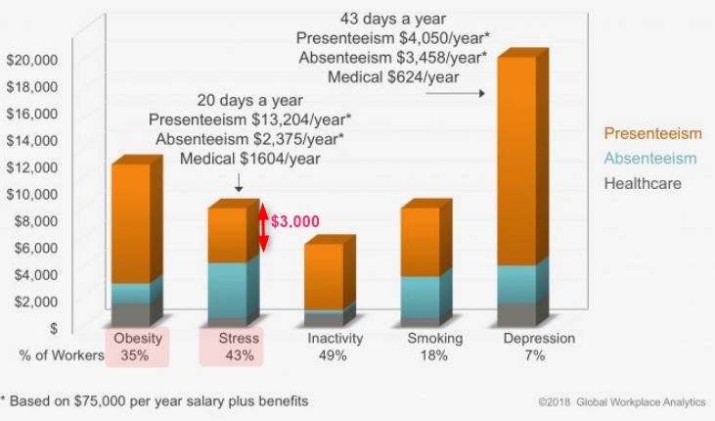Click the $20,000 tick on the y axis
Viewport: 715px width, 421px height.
[32, 59]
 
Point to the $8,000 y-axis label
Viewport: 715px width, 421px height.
[36, 220]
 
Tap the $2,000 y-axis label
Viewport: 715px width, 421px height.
[36, 302]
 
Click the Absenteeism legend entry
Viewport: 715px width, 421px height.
[649, 159]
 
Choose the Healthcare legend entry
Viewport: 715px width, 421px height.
[643, 183]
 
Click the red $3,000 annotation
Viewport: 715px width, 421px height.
[294, 221]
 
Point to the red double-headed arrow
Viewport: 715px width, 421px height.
[263, 227]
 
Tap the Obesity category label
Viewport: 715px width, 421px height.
[137, 339]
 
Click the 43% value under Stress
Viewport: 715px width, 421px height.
[239, 356]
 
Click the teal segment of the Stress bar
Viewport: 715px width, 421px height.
[227, 290]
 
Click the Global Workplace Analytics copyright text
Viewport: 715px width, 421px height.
[621, 402]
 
